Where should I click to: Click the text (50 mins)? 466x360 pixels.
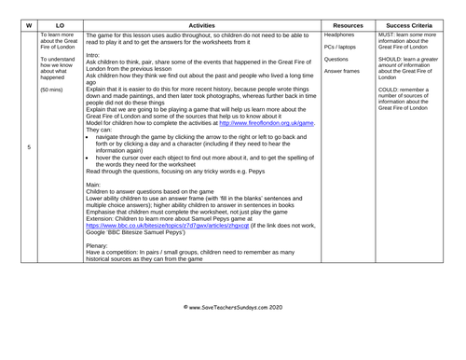(x=53, y=90)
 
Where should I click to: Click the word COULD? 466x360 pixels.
(x=391, y=90)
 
